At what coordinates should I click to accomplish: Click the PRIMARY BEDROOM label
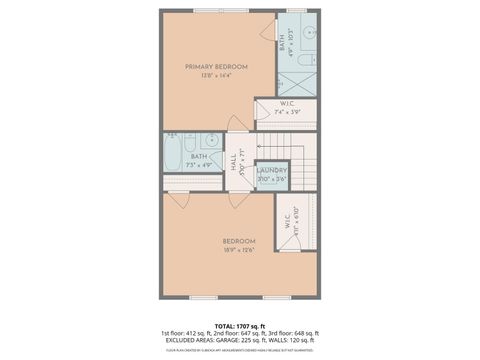(x=216, y=66)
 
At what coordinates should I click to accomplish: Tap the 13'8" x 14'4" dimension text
(x=216, y=76)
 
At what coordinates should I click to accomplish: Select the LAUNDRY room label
(x=272, y=170)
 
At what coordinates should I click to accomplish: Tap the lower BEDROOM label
(x=239, y=241)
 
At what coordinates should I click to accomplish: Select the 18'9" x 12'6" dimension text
(x=239, y=250)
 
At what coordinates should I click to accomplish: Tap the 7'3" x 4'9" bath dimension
(x=200, y=163)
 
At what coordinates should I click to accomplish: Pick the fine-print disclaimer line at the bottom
(x=239, y=350)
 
